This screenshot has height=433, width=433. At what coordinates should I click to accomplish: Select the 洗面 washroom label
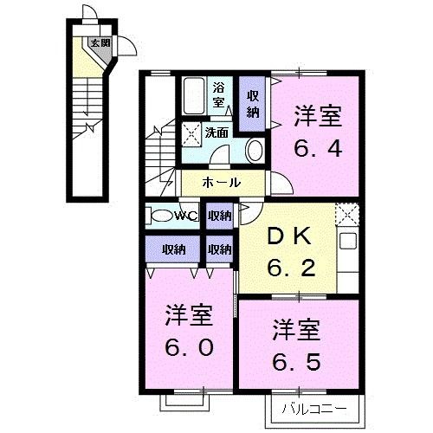pyautogui.click(x=216, y=132)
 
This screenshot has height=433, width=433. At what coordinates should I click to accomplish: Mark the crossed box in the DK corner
pyautogui.click(x=346, y=213)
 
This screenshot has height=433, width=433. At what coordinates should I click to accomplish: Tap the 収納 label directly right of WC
pyautogui.click(x=220, y=216)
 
